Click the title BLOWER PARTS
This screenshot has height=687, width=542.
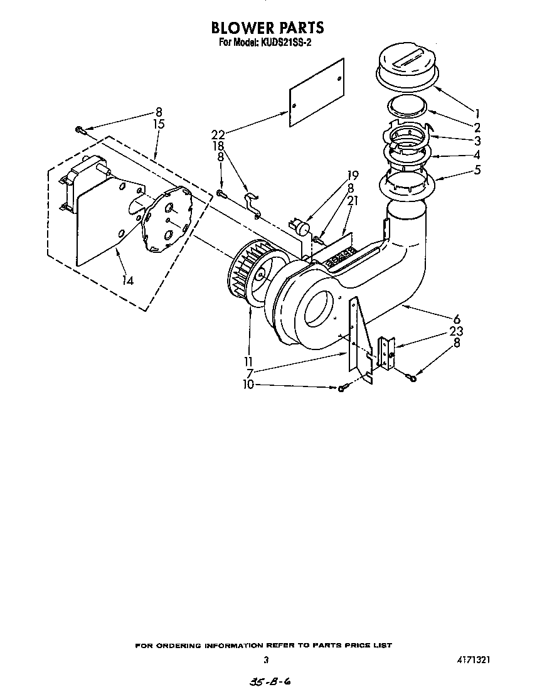click(x=267, y=28)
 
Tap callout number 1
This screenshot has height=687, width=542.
click(x=478, y=114)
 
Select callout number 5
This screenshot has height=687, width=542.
click(x=478, y=169)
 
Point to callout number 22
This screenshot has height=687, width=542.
click(x=218, y=135)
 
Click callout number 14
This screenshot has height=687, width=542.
click(x=128, y=280)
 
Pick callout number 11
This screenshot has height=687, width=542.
click(x=249, y=362)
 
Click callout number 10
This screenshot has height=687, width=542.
click(x=249, y=385)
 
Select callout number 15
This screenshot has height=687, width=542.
click(x=159, y=124)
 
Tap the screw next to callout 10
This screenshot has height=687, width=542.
click(x=341, y=389)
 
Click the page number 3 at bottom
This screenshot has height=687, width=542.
click(x=266, y=660)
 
